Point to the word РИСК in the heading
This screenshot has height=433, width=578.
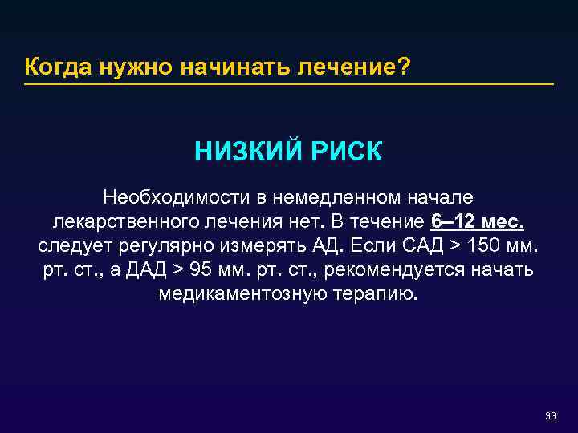pyautogui.click(x=344, y=152)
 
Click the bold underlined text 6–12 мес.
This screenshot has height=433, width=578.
pyautogui.click(x=478, y=221)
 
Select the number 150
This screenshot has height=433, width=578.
pyautogui.click(x=479, y=245)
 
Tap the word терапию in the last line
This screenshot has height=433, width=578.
pyautogui.click(x=376, y=293)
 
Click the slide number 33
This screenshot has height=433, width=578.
pyautogui.click(x=550, y=415)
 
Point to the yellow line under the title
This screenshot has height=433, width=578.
pyautogui.click(x=289, y=84)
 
